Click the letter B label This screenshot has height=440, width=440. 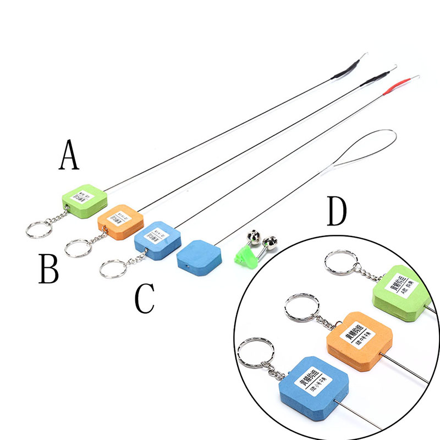48,268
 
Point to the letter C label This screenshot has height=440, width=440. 145,299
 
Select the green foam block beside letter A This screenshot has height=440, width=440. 83,197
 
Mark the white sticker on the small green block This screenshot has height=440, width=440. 85,195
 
